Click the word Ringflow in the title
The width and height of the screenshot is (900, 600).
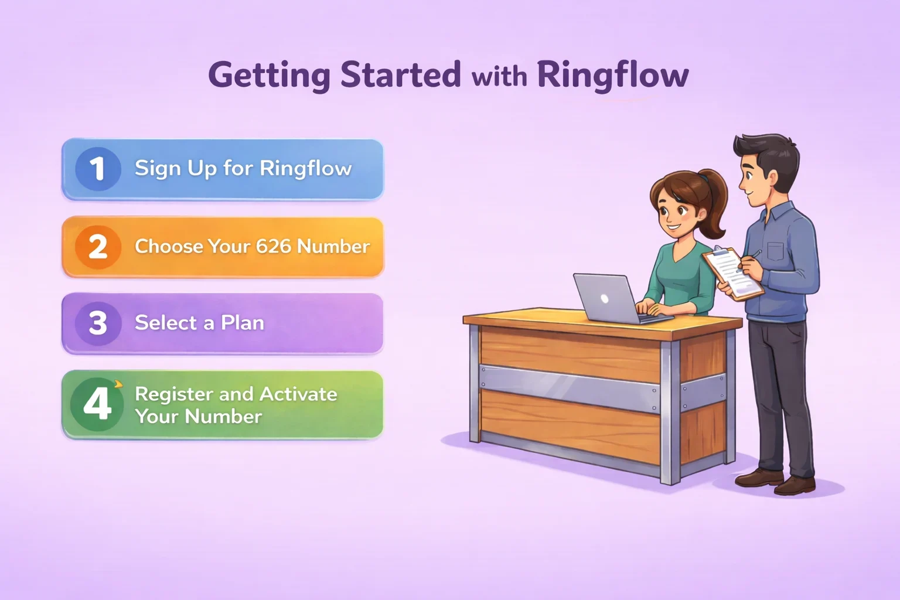point(612,75)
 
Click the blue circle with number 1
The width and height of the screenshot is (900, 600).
point(98,169)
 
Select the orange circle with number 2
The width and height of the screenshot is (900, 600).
point(98,247)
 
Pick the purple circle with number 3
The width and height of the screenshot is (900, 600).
point(98,323)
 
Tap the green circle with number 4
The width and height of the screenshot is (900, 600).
point(97,404)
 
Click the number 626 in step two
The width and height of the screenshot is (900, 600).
point(273,246)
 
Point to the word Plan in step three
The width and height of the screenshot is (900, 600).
point(242,323)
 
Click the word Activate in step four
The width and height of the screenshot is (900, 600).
point(298,394)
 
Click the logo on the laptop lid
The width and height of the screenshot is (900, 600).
point(605,298)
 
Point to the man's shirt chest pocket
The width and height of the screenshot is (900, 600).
point(775,251)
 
